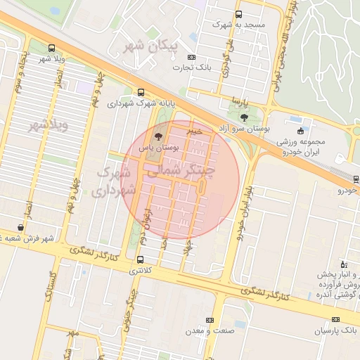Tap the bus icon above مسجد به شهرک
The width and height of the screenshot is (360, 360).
(x=238, y=14)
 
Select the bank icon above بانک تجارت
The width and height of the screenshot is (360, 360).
(x=195, y=57)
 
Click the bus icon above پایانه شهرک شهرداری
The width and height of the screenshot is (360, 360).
(x=141, y=92)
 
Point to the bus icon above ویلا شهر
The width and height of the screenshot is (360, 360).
(x=51, y=48)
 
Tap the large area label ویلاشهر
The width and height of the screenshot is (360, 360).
(x=48, y=126)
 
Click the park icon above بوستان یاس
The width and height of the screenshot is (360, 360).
(x=157, y=135)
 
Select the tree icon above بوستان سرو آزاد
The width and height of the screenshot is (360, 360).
(x=243, y=117)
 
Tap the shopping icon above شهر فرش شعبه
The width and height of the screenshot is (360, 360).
(x=20, y=228)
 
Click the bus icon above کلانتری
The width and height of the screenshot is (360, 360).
(x=141, y=259)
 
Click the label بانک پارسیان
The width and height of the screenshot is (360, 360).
(x=336, y=330)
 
